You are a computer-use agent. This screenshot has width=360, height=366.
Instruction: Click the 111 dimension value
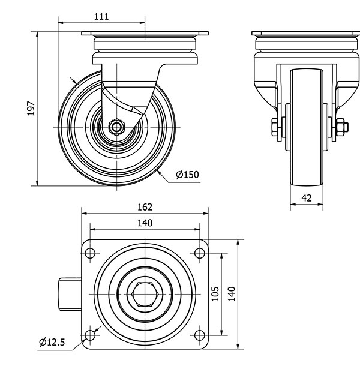[102, 17]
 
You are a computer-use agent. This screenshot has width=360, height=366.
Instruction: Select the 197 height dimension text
[31, 108]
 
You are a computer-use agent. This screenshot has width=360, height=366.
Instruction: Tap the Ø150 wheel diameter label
[187, 175]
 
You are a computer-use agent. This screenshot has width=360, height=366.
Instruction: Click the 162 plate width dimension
[145, 207]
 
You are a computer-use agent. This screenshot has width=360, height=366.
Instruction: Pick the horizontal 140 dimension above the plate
[145, 223]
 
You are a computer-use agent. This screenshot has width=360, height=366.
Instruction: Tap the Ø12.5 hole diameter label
[52, 342]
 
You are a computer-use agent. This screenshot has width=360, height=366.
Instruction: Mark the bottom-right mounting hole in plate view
[199, 334]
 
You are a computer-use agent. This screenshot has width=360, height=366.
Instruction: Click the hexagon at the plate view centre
[145, 293]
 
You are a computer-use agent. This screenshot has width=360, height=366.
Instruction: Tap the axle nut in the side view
[118, 127]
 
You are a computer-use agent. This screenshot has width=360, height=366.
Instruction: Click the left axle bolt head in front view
[276, 127]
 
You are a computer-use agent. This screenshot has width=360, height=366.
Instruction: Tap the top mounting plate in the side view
[145, 34]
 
